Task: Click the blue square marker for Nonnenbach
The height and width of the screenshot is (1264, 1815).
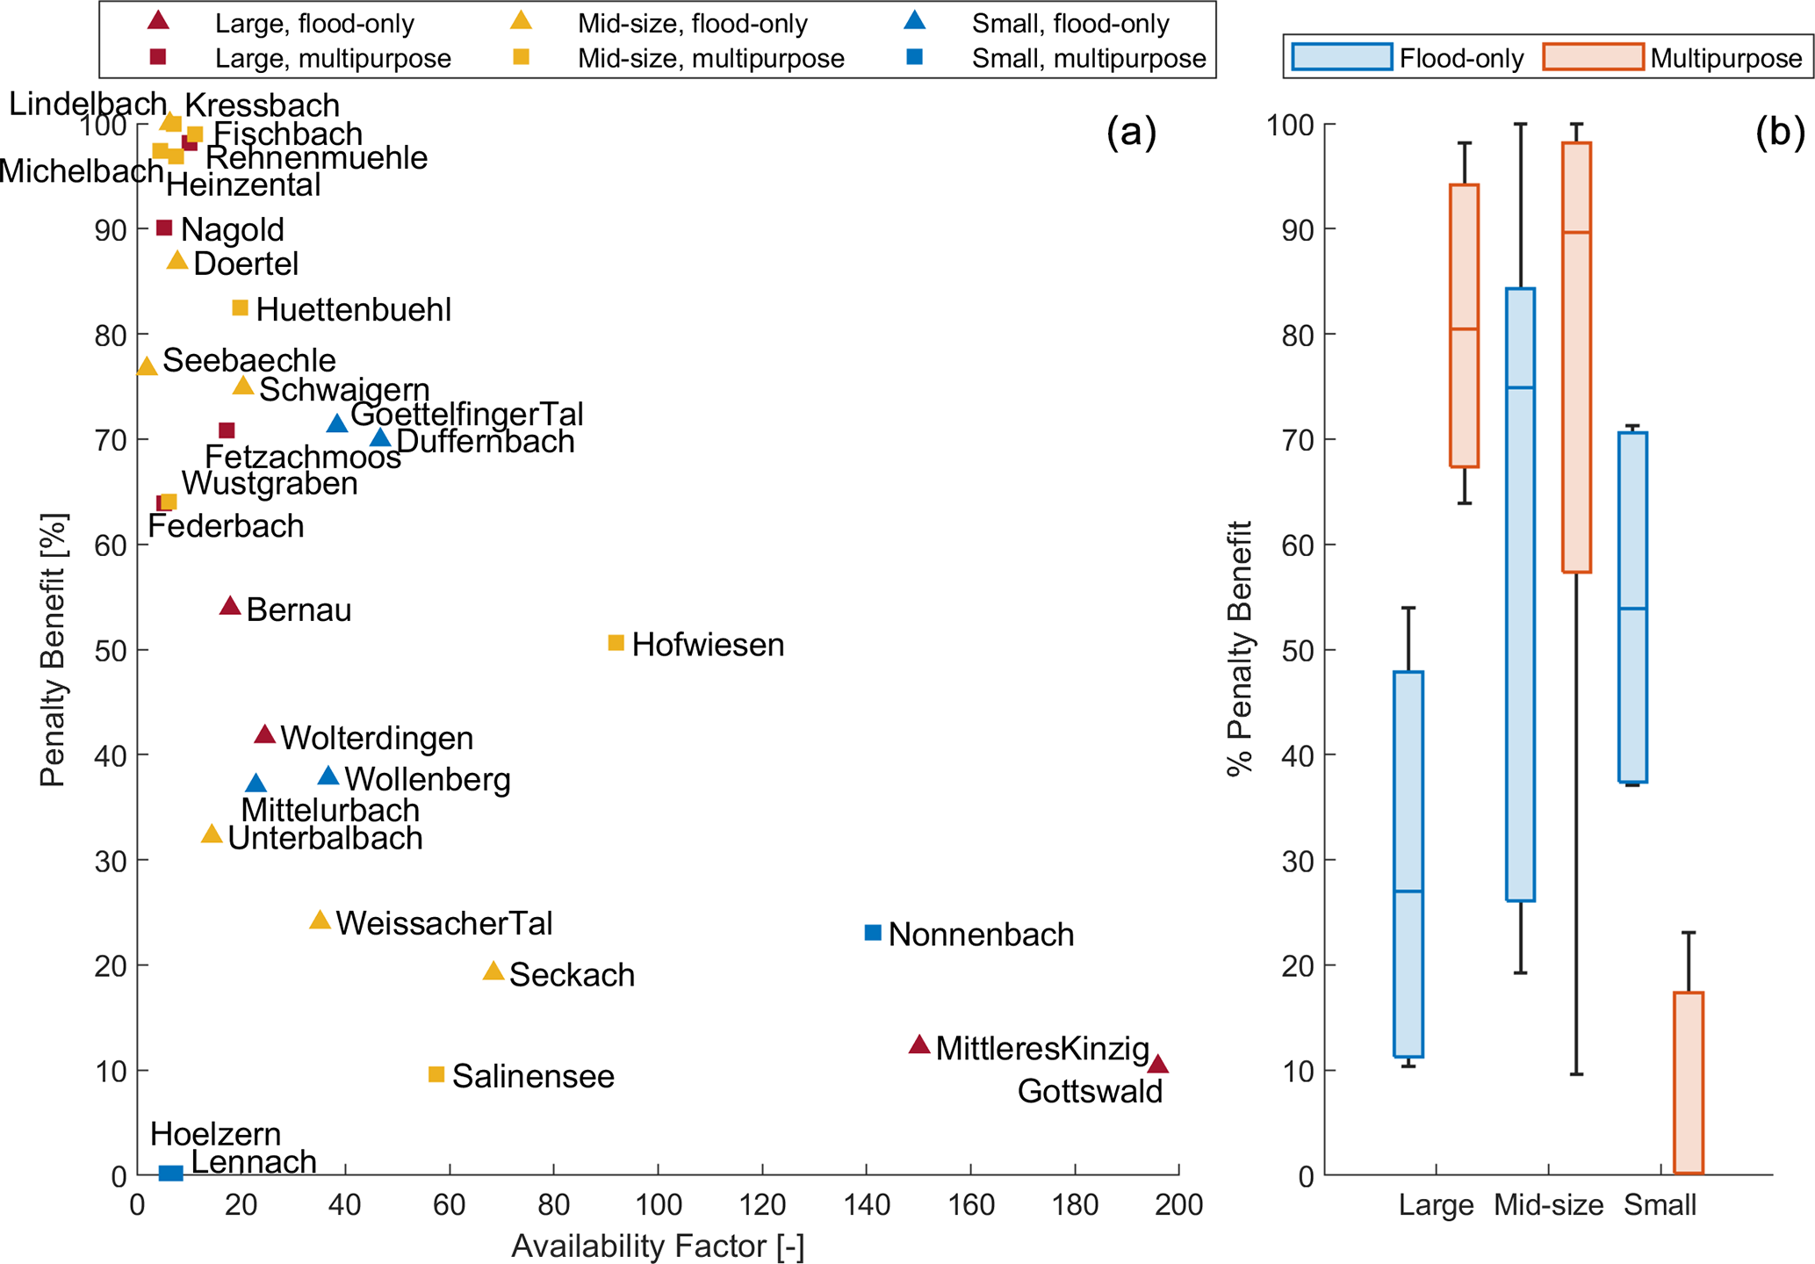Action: pyautogui.click(x=873, y=932)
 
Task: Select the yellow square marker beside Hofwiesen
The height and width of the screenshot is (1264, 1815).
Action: pyautogui.click(x=616, y=643)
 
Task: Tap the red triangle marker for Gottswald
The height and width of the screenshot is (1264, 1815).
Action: pyautogui.click(x=1158, y=1065)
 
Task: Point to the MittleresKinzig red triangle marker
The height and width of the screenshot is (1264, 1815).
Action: pyautogui.click(x=919, y=1044)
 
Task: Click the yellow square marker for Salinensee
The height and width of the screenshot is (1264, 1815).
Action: pyautogui.click(x=436, y=1074)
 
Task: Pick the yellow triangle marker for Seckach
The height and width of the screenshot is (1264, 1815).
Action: pyautogui.click(x=493, y=971)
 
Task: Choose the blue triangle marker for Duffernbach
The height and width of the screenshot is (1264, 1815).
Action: pyautogui.click(x=380, y=437)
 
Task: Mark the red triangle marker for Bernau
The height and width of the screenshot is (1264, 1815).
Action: pyautogui.click(x=230, y=606)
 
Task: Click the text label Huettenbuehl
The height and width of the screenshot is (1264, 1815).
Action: pyautogui.click(x=354, y=309)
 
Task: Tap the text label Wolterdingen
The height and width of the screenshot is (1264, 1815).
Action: pyautogui.click(x=377, y=738)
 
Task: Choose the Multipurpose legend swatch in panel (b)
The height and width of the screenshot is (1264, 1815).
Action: pyautogui.click(x=1593, y=57)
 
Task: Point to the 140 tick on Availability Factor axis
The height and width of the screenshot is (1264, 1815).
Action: pyautogui.click(x=867, y=1204)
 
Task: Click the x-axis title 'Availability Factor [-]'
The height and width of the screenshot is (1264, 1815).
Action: pyautogui.click(x=658, y=1246)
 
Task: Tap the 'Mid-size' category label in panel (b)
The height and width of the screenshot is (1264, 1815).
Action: pyautogui.click(x=1548, y=1204)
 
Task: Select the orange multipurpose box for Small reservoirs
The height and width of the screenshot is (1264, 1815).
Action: pyautogui.click(x=1689, y=1082)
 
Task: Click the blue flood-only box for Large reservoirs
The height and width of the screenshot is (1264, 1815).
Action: pyautogui.click(x=1408, y=864)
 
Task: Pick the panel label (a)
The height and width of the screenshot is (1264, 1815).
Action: pyautogui.click(x=1131, y=132)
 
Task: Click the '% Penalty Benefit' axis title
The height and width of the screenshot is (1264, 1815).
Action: pyautogui.click(x=1239, y=648)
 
